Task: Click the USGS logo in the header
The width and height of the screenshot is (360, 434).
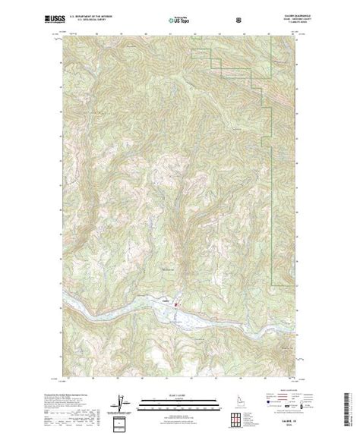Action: [33, 17]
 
